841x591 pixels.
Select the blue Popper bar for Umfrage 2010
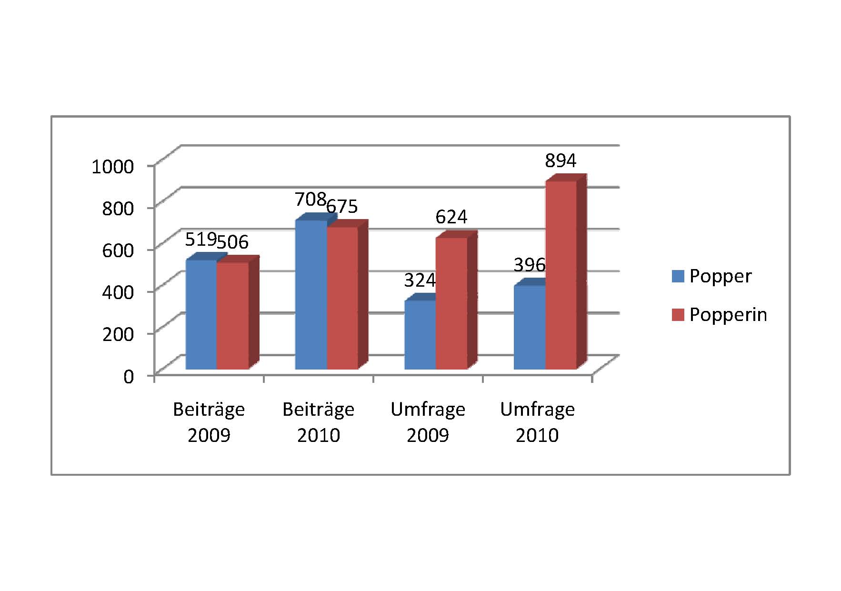(x=530, y=327)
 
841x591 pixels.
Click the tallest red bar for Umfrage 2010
(x=561, y=275)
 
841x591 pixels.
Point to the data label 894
(x=561, y=161)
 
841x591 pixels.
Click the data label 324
(x=420, y=280)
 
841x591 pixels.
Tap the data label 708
(x=310, y=199)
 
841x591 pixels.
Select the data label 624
(x=451, y=217)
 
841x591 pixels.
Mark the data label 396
(x=529, y=265)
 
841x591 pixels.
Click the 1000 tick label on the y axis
(x=113, y=167)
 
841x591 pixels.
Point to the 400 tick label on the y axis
(x=118, y=291)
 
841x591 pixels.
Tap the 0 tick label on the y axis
(x=129, y=377)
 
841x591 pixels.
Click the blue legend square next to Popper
(x=678, y=276)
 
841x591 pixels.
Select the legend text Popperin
(x=728, y=315)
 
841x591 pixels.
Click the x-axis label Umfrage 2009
(x=428, y=422)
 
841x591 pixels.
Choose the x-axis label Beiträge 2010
(x=318, y=422)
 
